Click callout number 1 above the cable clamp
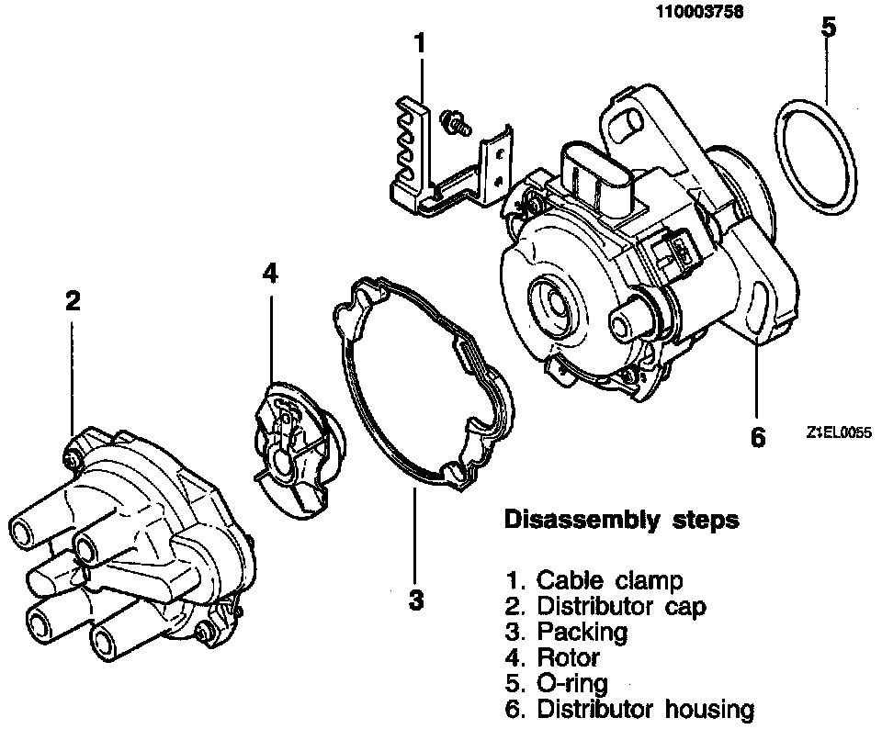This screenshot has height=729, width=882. pos(420,43)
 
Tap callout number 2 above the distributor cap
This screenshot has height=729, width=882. pos(73,301)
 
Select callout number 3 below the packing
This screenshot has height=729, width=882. pos(416,600)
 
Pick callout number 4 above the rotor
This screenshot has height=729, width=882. pos(269,273)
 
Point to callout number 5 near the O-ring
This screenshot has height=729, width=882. pos(828,27)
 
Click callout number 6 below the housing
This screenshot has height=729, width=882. pos(757,437)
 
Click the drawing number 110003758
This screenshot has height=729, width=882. pos(700,12)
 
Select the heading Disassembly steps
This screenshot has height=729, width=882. pos(622,521)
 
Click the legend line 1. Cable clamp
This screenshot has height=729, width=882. pos(594,580)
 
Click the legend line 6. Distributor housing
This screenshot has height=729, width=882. pos(630,709)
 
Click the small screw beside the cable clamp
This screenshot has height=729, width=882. pos(453,122)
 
